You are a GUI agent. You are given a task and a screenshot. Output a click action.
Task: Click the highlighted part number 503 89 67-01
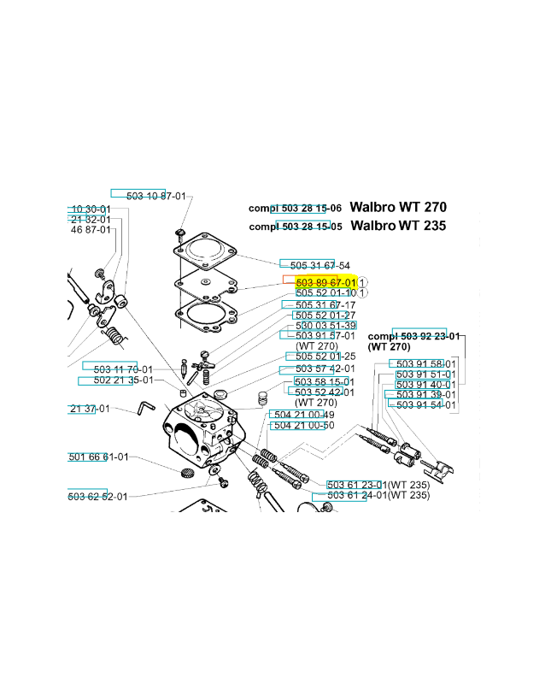coord(325,282)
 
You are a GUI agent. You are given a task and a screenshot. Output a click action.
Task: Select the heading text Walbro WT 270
coord(398,208)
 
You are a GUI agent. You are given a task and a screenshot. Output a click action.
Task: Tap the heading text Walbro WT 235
coord(398,227)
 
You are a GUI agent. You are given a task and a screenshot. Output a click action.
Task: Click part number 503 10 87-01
coord(155,196)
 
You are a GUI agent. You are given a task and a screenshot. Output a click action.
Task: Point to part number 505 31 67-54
coord(320,265)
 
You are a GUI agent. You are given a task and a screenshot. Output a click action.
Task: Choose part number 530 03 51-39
coord(325,326)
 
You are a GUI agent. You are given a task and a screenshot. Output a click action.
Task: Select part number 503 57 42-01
coord(324,369)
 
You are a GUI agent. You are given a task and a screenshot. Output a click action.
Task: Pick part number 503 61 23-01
coord(357,484)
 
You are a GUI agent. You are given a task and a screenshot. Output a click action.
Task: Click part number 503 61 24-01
coord(357,495)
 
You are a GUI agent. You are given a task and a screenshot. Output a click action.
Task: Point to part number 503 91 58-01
coord(425,364)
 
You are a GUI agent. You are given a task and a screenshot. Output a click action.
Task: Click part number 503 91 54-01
coord(425,405)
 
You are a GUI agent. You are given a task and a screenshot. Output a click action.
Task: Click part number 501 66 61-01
coord(98,457)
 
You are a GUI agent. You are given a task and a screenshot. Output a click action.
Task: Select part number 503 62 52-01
coord(98,497)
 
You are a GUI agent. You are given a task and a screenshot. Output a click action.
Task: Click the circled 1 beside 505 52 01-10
coord(363,293)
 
